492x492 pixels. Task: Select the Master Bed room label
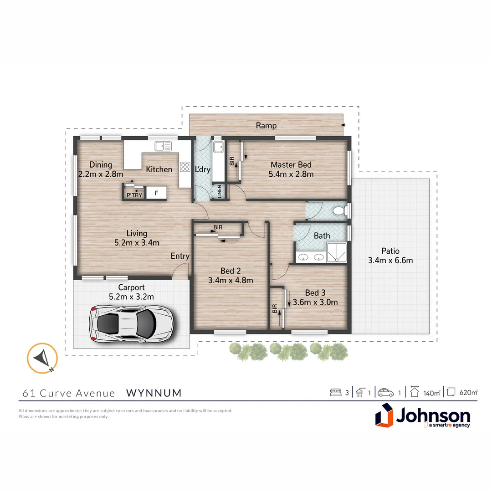291,165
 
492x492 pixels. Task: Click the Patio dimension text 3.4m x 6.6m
390,261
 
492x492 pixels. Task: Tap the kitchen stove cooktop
185,167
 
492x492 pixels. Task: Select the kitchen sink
163,146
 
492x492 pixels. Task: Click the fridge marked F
156,194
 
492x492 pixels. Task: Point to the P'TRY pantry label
134,195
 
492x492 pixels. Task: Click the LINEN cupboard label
219,192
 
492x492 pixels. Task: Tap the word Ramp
266,126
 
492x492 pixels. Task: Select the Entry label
180,256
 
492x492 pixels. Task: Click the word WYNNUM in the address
154,393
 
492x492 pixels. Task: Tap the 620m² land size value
468,392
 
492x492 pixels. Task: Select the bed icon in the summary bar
335,392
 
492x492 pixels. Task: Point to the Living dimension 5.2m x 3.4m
137,243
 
